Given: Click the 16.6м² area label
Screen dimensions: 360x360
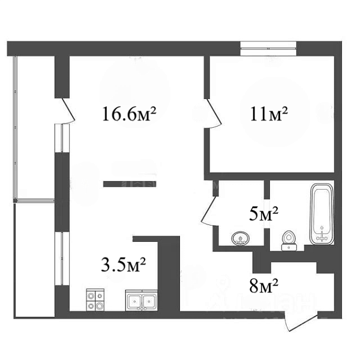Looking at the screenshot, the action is (129, 113).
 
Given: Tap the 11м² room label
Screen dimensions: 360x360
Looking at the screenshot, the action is (269, 113).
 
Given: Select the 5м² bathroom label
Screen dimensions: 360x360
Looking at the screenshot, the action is (264, 214).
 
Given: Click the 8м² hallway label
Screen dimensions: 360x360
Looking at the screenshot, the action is (264, 286).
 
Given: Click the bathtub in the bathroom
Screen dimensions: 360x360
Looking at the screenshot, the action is (322, 214).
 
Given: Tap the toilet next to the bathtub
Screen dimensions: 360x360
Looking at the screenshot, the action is (289, 241).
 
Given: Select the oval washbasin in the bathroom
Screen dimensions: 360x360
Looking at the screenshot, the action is (241, 238).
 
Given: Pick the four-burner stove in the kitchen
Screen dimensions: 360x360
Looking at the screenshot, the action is (95, 300).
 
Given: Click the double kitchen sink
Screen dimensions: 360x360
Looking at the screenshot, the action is (142, 301).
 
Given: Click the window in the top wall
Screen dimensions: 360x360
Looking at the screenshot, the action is (268, 49).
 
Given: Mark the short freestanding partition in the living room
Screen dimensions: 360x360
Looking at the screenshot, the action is (130, 184).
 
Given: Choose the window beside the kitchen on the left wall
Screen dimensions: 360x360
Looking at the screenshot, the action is (62, 259).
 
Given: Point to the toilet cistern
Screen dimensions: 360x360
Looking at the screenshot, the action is (289, 247).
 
